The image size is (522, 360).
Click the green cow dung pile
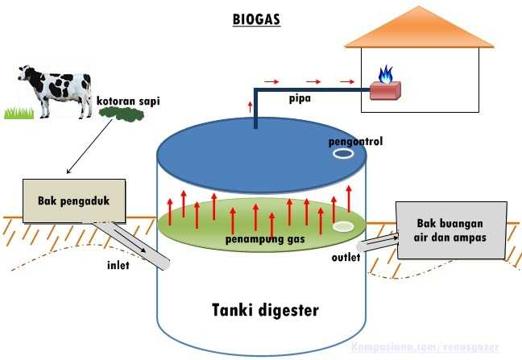coord(122,116)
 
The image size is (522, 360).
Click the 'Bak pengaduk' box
coord(72,199)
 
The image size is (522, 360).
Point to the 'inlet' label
coord(121,263)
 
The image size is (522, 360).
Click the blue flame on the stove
coord(386,76)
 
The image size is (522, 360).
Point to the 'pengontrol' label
coord(355,141)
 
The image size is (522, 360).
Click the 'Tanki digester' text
coord(265,309)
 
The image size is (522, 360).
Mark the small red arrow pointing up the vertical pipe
coord(250,106)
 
